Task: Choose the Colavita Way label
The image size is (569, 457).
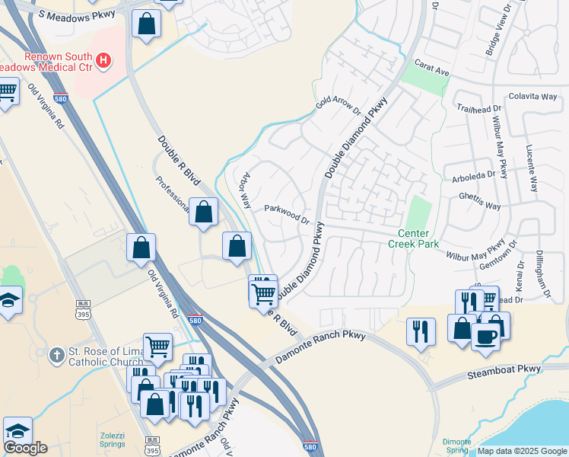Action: [532, 97]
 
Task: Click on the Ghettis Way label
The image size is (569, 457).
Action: [480, 206]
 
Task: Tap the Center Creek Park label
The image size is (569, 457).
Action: [413, 238]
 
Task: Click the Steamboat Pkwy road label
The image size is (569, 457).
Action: [504, 369]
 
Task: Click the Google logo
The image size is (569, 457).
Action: [26, 448]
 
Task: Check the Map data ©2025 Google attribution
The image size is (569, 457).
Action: [522, 451]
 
